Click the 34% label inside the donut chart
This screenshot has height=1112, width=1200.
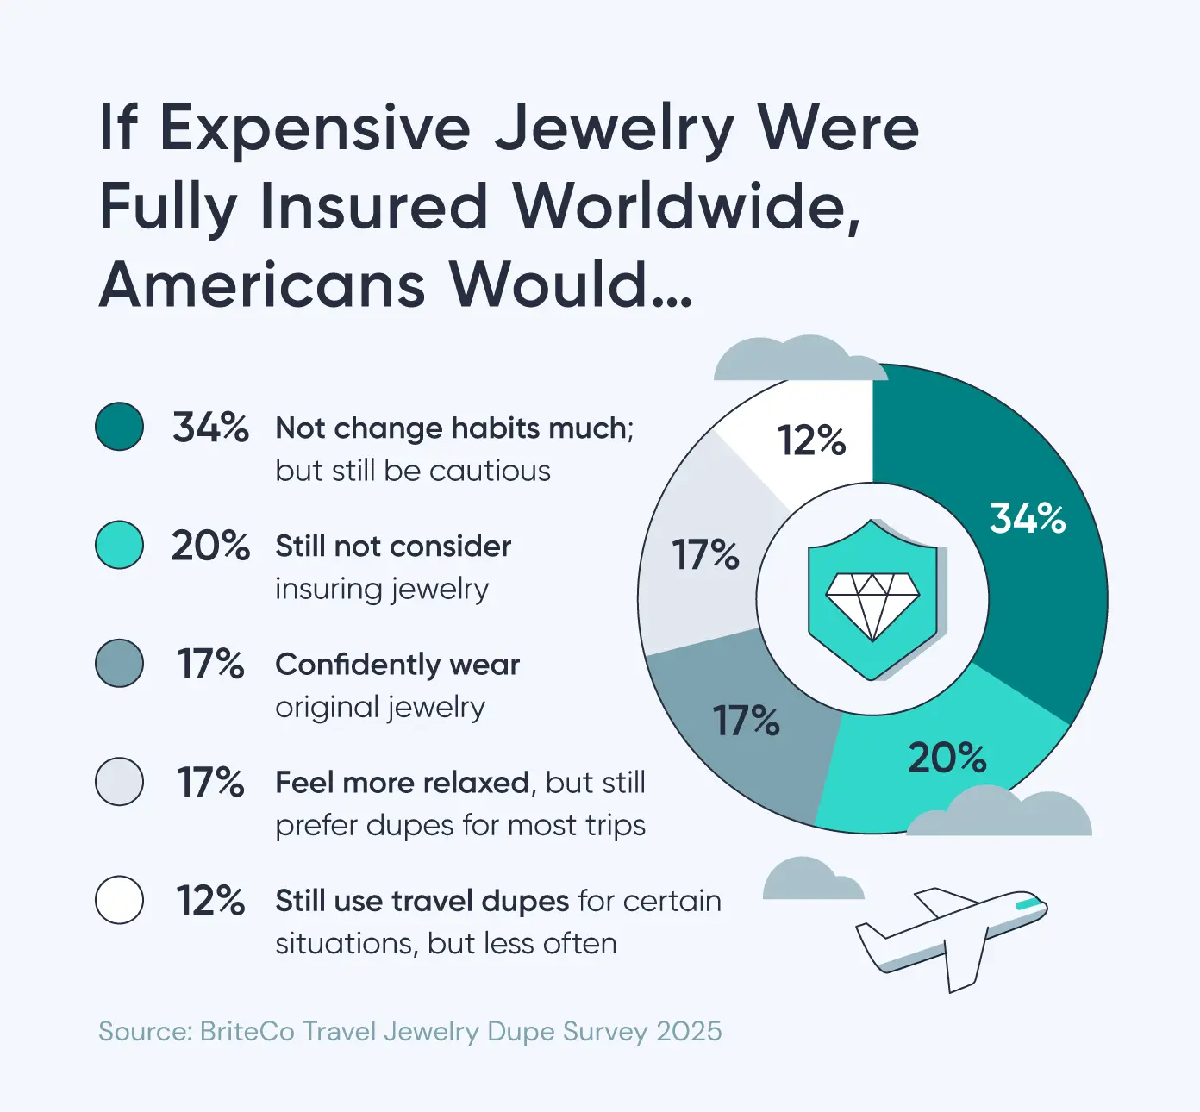pyautogui.click(x=1027, y=518)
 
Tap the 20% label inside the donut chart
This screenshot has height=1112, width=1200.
pyautogui.click(x=947, y=758)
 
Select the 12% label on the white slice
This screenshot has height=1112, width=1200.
pyautogui.click(x=811, y=440)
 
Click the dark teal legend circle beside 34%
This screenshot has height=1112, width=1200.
pyautogui.click(x=119, y=427)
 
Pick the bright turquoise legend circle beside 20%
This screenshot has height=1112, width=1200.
pyautogui.click(x=119, y=545)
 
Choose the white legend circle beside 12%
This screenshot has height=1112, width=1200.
pyautogui.click(x=119, y=900)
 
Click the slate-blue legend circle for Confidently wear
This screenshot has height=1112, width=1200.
pyautogui.click(x=119, y=663)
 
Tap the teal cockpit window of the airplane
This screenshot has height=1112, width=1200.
pyautogui.click(x=1028, y=904)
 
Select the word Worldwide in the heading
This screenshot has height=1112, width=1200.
pyautogui.click(x=686, y=207)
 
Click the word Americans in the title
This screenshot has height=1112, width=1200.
pyautogui.click(x=262, y=284)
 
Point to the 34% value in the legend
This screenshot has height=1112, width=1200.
pyautogui.click(x=210, y=427)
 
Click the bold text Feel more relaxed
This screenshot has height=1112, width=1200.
pyautogui.click(x=402, y=783)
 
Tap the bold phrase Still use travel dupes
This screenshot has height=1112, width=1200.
pyautogui.click(x=422, y=901)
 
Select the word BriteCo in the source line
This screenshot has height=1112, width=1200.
pyautogui.click(x=247, y=1032)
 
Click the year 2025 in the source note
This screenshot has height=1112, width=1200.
pyautogui.click(x=689, y=1032)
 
